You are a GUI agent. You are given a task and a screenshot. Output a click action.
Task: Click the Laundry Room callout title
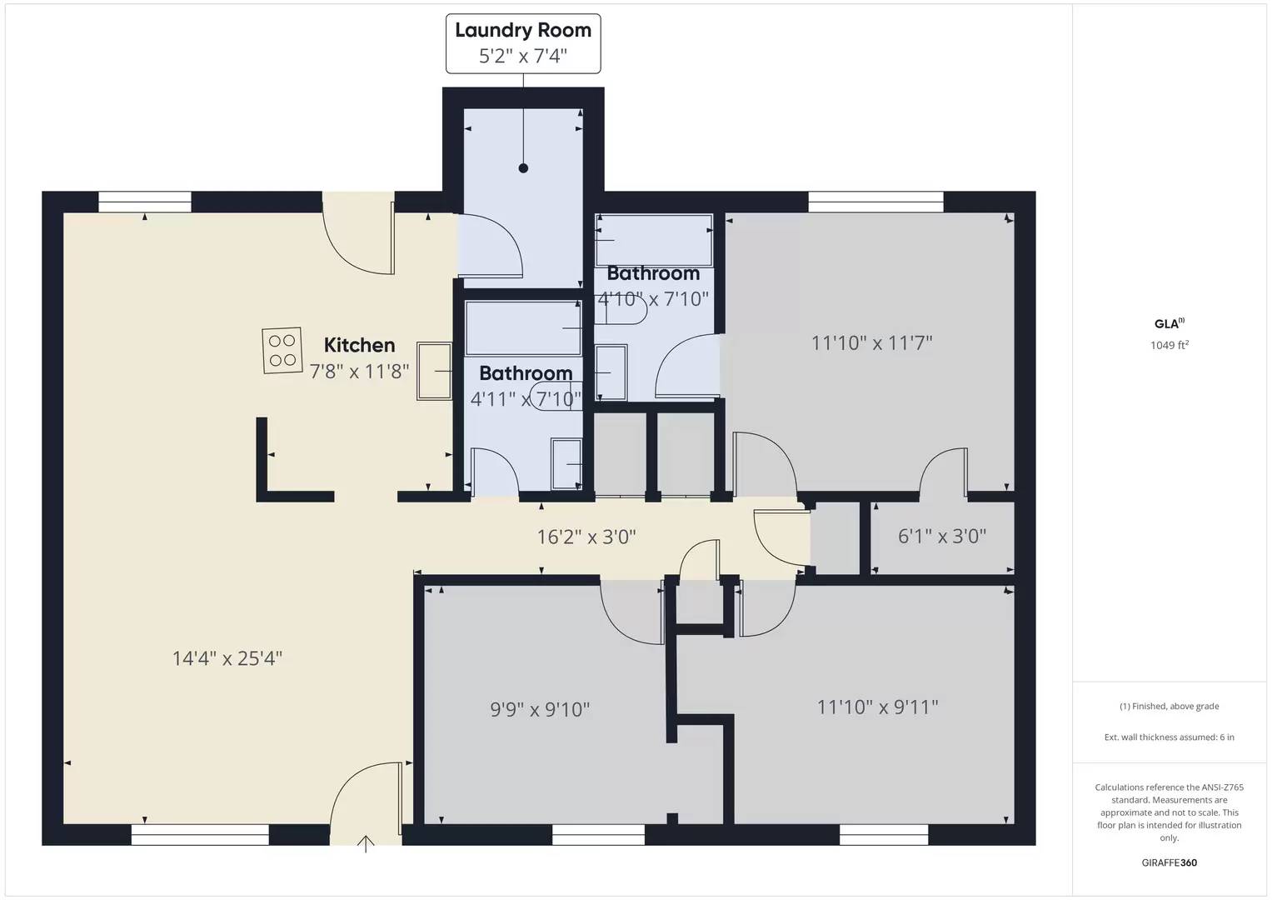click(523, 30)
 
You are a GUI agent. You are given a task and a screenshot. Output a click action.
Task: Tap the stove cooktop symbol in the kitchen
click(282, 350)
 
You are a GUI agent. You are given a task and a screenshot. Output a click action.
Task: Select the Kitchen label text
click(359, 345)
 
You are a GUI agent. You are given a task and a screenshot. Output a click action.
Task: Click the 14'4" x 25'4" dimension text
click(227, 658)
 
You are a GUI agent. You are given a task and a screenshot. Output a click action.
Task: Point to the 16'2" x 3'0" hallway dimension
click(586, 537)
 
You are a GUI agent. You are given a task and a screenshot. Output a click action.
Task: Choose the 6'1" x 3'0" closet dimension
click(942, 536)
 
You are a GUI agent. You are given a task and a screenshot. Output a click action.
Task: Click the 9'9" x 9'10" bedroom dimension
click(540, 709)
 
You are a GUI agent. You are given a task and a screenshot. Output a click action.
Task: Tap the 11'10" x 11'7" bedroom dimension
click(871, 342)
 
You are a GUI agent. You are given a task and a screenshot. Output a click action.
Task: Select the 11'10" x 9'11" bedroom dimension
click(878, 707)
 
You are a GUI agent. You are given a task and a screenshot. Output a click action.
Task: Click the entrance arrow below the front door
click(366, 844)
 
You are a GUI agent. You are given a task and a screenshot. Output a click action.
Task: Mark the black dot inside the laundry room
click(523, 168)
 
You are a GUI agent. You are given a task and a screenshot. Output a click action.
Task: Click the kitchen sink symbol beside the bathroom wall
click(434, 371)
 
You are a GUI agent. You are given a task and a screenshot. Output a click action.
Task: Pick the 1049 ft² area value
click(1169, 345)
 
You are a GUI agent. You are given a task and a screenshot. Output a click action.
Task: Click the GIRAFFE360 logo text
click(1169, 862)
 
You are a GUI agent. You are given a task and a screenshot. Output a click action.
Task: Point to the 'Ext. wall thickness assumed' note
click(1169, 737)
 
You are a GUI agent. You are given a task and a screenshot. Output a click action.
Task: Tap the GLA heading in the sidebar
click(1168, 324)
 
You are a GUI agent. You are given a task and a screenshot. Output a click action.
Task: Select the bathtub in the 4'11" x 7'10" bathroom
click(523, 328)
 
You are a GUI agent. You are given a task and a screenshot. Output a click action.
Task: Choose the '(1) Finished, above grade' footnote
click(1169, 706)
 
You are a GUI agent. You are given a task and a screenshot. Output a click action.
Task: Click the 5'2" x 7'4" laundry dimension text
click(523, 56)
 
